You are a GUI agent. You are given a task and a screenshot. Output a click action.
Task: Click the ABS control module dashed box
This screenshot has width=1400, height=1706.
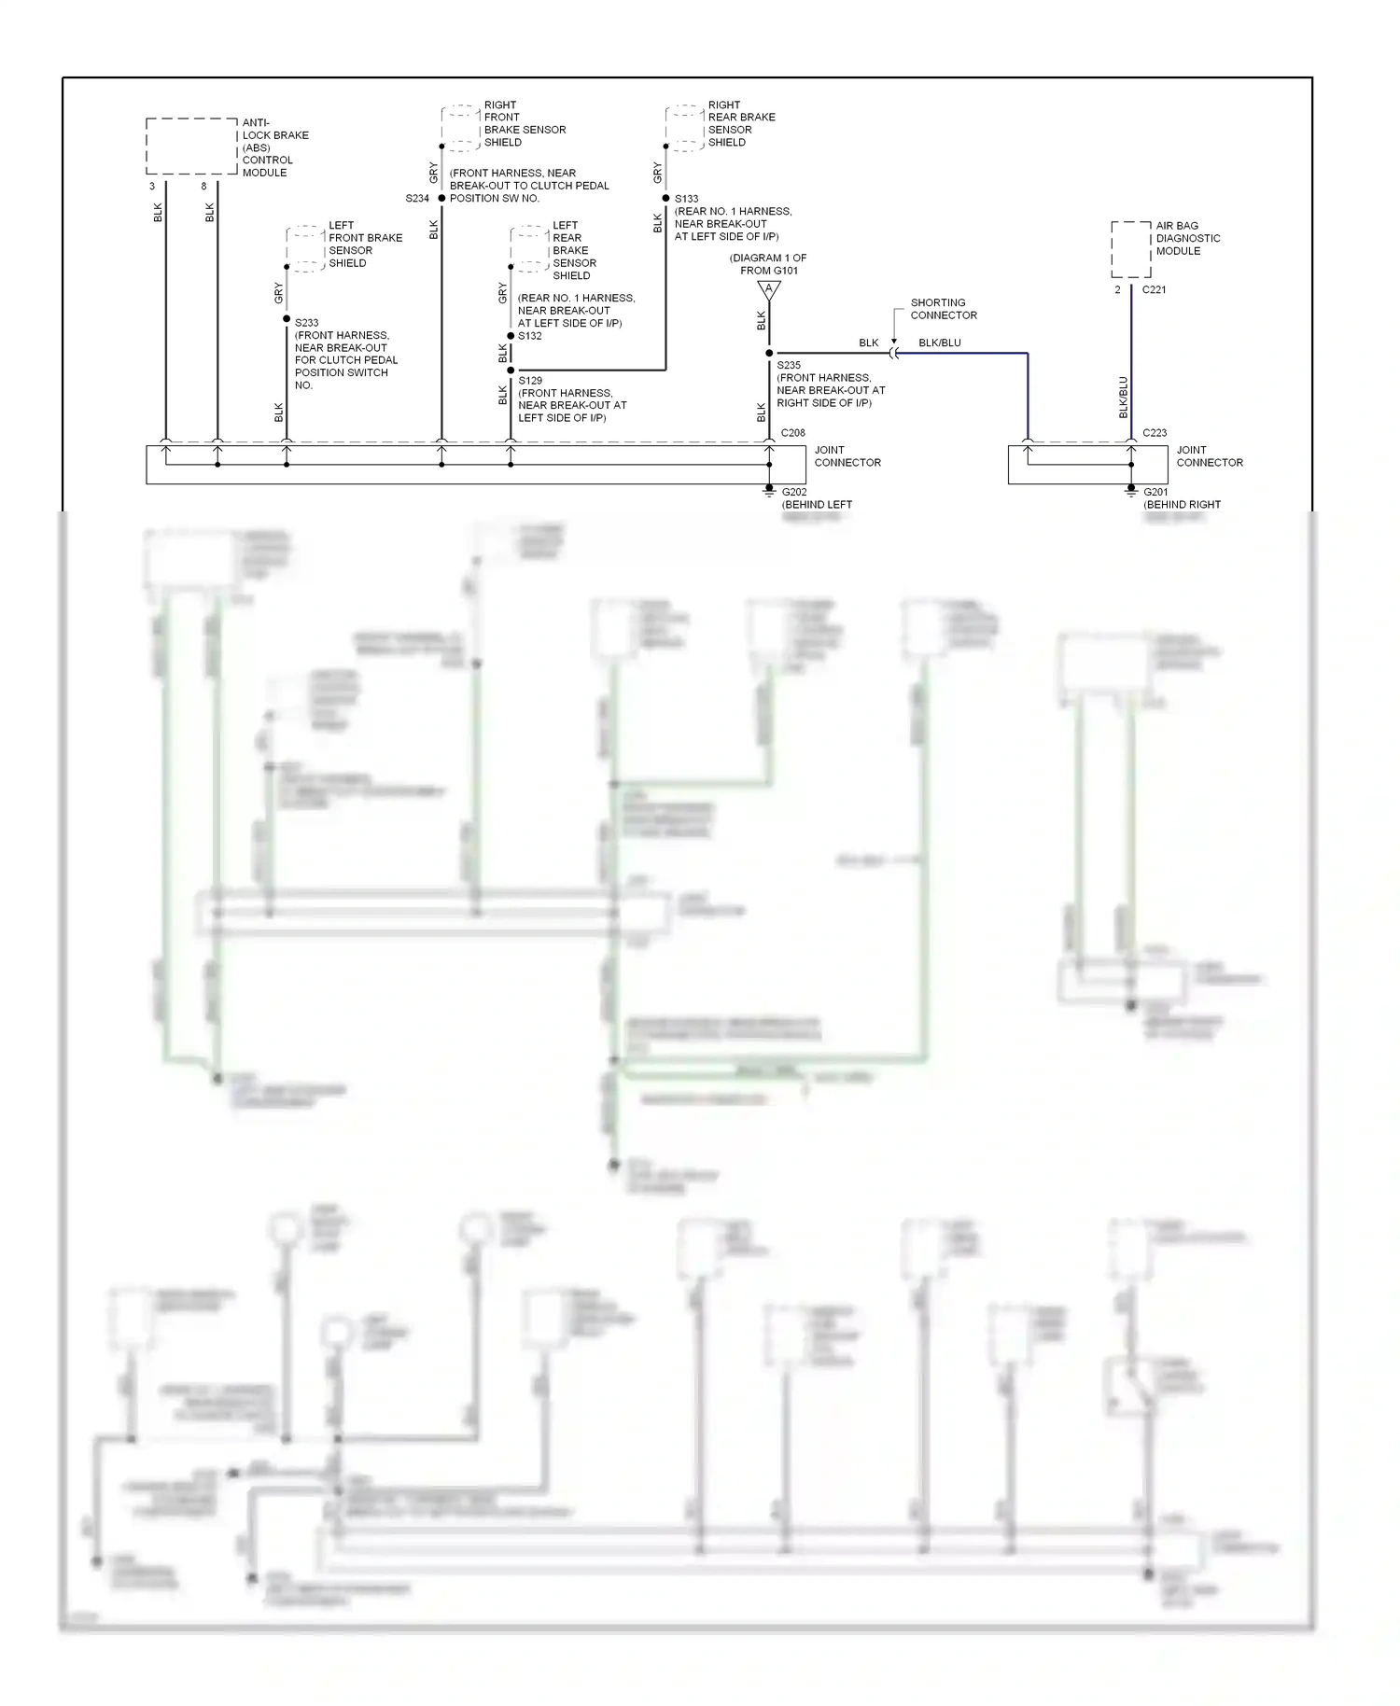[x=192, y=147]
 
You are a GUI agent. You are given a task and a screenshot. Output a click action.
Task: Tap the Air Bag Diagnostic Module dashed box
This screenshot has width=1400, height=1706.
[x=1130, y=249]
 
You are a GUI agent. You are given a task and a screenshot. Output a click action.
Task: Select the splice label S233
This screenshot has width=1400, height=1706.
[x=306, y=323]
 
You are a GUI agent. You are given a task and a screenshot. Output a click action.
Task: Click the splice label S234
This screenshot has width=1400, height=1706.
[x=417, y=199]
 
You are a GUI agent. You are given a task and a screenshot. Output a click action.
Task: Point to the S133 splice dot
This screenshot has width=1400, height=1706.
[x=665, y=198]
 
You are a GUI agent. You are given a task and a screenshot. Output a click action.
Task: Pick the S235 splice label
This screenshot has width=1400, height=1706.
[x=789, y=366]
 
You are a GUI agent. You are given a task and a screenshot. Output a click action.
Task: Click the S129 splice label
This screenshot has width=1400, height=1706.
[x=530, y=381]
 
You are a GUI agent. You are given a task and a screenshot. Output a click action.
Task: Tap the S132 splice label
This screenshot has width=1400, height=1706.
[x=530, y=336]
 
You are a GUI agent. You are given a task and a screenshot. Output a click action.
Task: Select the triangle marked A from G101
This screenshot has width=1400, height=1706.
[x=769, y=290]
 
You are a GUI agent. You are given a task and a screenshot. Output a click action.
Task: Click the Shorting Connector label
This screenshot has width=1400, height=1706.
[x=943, y=309]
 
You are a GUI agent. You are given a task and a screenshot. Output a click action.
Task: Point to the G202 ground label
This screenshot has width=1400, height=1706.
[x=794, y=492]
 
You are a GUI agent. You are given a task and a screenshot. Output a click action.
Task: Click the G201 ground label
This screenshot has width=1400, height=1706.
[x=1155, y=492]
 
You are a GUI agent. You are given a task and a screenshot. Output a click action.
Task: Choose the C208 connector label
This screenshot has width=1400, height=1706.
[x=792, y=433]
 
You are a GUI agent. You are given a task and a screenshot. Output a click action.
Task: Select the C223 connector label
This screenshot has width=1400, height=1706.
[x=1155, y=433]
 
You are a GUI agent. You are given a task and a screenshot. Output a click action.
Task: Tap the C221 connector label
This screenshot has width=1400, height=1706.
[x=1154, y=290]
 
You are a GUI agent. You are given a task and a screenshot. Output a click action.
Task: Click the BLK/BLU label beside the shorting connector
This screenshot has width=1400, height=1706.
[x=939, y=343]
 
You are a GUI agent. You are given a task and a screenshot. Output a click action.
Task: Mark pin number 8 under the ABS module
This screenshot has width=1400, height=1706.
[x=204, y=187]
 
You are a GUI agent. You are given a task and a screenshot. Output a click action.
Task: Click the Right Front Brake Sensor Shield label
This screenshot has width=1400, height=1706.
[x=524, y=124]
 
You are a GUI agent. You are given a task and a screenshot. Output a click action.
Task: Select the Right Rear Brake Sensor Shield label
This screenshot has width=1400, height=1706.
[x=741, y=124]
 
